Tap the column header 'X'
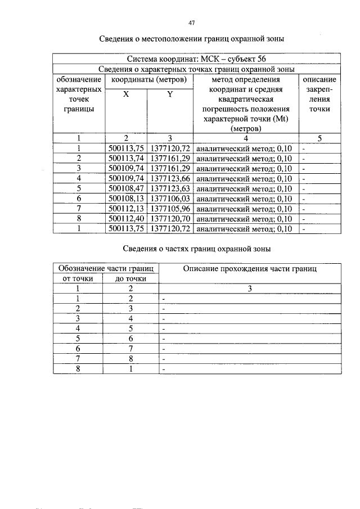coord(126,95)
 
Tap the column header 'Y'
coord(170,95)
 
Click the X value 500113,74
coord(126,159)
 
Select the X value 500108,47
coord(126,189)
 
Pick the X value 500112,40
coord(126,219)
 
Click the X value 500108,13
coord(126,199)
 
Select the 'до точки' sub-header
coord(131,278)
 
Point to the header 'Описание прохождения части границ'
coord(250,269)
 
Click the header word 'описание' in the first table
coord(319,80)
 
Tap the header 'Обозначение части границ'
coord(105,269)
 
